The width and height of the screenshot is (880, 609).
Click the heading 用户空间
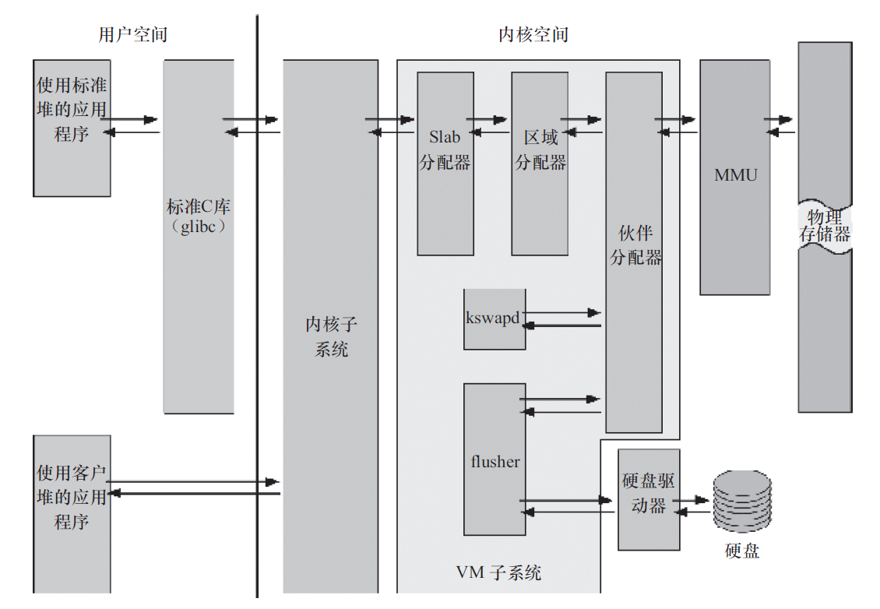132,35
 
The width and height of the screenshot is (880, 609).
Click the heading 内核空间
533,35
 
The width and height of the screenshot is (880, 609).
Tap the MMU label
735,175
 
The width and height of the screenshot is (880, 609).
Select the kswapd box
494,319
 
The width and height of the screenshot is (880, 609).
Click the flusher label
495,462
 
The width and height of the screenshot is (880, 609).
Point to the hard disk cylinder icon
742,502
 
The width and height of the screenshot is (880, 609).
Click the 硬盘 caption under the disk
741,551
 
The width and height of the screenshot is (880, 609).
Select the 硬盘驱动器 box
649,498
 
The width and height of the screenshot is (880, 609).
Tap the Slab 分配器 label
445,150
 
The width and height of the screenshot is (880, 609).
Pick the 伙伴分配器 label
635,246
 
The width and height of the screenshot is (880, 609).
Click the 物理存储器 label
825,225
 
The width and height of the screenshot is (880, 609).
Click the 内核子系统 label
331,336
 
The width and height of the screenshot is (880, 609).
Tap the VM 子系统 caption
498,574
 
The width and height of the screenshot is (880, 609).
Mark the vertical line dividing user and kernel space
257,312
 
